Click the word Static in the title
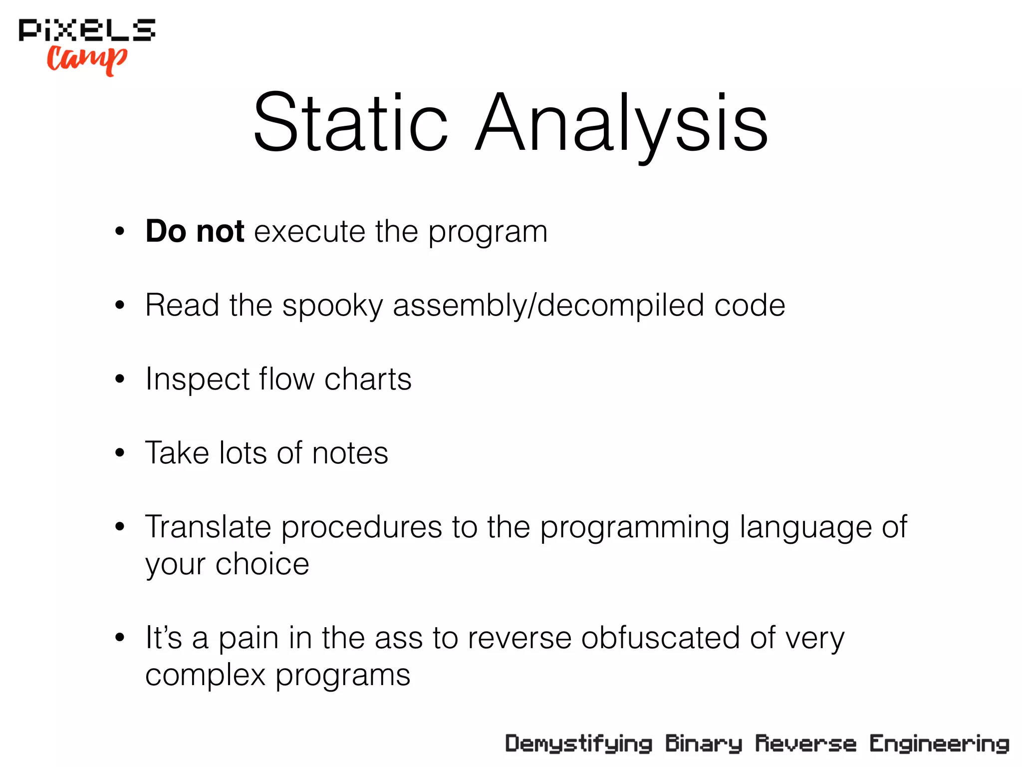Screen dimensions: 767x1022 click(x=350, y=122)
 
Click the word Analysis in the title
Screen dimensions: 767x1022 click(x=621, y=122)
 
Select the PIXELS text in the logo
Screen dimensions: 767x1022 click(x=87, y=30)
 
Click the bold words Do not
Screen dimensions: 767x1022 click(x=195, y=231)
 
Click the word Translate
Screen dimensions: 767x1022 click(x=208, y=527)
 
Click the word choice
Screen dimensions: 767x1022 click(x=262, y=565)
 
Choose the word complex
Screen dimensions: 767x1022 click(x=205, y=676)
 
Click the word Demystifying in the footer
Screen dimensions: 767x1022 click(x=579, y=744)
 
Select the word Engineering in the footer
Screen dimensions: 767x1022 click(x=939, y=744)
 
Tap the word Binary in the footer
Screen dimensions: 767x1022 click(x=704, y=744)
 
